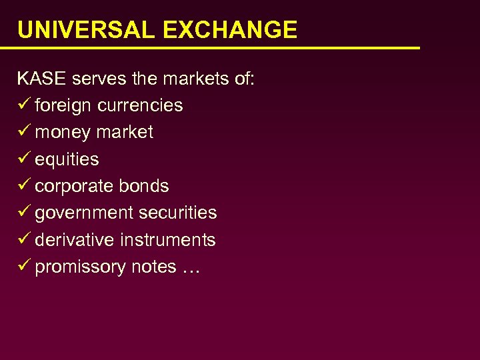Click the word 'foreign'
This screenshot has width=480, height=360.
pyautogui.click(x=63, y=106)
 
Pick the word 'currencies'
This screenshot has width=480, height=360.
pyautogui.click(x=140, y=105)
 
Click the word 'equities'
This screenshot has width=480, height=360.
pyautogui.click(x=67, y=159)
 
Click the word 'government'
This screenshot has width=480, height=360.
pyautogui.click(x=85, y=213)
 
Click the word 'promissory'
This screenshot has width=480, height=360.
pyautogui.click(x=80, y=267)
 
